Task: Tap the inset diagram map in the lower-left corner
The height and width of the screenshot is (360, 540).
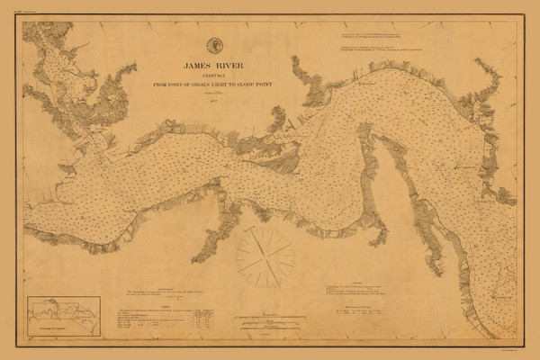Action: [62, 314]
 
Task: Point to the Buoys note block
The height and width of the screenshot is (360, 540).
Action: [364, 292]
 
